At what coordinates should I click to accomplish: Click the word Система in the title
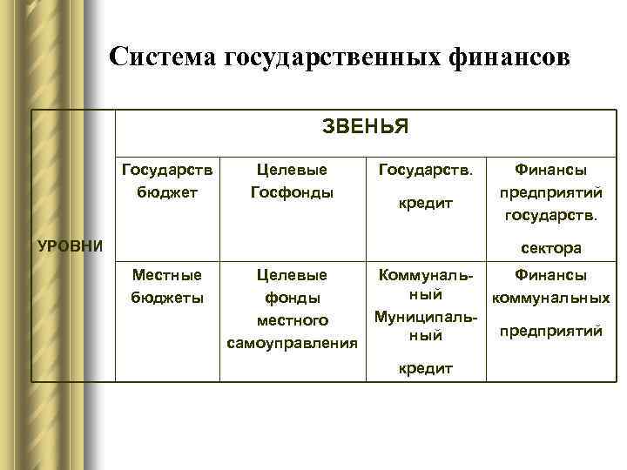(x=164, y=57)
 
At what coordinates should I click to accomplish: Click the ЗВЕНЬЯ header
(x=365, y=127)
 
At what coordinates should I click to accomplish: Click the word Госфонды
(x=292, y=191)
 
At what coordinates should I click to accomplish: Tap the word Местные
(x=166, y=275)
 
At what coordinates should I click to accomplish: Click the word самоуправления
(x=292, y=344)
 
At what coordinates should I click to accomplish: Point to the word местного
(x=292, y=321)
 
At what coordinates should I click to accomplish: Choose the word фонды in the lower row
(x=292, y=299)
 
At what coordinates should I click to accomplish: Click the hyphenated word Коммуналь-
(x=426, y=275)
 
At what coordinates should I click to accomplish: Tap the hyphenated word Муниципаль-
(x=426, y=314)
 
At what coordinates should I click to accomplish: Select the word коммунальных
(x=549, y=298)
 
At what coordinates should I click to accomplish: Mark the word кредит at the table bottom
(x=426, y=368)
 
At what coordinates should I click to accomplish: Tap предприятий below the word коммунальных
(x=549, y=331)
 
